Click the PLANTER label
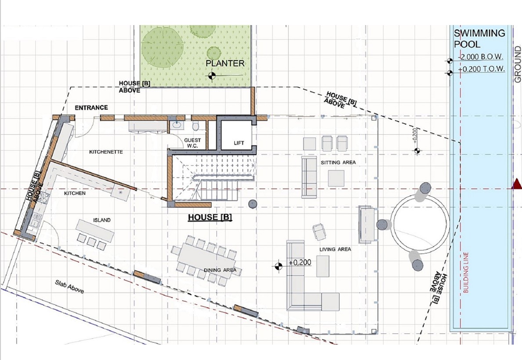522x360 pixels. click(225, 63)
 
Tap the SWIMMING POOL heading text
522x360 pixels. click(479, 39)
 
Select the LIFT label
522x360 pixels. click(239, 143)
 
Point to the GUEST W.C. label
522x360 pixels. click(192, 143)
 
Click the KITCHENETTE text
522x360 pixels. click(106, 152)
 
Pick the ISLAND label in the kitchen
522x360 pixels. click(102, 220)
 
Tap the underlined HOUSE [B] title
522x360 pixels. click(210, 217)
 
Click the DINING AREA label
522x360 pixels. click(220, 270)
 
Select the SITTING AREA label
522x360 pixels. click(338, 163)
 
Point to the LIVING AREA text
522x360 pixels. click(335, 249)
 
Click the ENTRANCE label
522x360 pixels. click(91, 108)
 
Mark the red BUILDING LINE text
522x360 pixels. click(466, 273)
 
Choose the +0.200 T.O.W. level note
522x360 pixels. click(482, 69)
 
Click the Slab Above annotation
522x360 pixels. click(69, 287)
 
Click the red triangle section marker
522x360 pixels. click(517, 184)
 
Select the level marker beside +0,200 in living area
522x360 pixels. click(278, 266)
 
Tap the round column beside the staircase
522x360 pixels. click(253, 204)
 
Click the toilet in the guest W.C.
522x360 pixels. click(196, 126)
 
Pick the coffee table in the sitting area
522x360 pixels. click(336, 178)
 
